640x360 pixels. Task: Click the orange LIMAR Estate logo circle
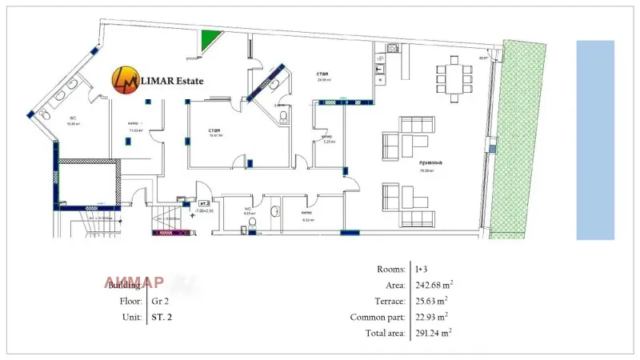pyautogui.click(x=123, y=79)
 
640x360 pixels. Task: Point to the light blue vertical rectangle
pyautogui.click(x=595, y=140)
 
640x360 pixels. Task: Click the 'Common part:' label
pyautogui.click(x=380, y=316)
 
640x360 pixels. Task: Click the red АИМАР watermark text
pyautogui.click(x=134, y=282)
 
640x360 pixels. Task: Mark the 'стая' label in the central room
pyautogui.click(x=214, y=130)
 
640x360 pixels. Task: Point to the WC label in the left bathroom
pyautogui.click(x=70, y=117)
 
